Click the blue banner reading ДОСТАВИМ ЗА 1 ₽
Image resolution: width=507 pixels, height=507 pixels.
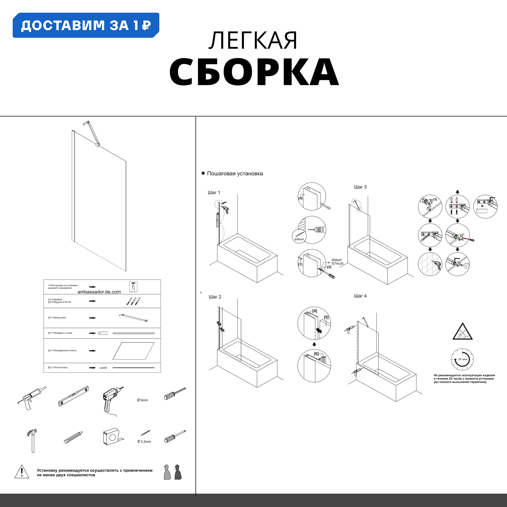click(86, 25)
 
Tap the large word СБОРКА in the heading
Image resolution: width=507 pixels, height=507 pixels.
click(254, 72)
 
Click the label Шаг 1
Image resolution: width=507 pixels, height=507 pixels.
click(214, 193)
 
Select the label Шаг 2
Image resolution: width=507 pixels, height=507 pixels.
click(215, 297)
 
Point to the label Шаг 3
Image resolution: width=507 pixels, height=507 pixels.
click(360, 187)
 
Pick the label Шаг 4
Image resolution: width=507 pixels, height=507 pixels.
click(360, 296)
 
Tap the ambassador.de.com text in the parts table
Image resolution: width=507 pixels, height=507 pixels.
click(99, 292)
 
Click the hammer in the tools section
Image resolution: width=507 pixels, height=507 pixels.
click(32, 440)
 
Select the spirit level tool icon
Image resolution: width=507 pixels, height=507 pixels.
click(74, 396)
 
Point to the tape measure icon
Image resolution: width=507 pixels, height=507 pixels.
click(112, 437)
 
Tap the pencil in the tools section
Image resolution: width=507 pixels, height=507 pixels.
click(73, 438)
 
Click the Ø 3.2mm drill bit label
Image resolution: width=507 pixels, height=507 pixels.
click(144, 442)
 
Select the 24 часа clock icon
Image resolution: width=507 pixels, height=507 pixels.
click(462, 359)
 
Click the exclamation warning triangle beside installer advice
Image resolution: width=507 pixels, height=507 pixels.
click(22, 472)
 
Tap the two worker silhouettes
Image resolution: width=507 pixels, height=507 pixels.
click(172, 472)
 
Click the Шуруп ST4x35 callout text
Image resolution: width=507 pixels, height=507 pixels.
click(337, 262)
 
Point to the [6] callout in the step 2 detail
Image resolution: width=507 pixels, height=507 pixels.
click(316, 354)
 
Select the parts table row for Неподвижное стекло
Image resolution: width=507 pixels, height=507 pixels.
click(102, 351)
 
